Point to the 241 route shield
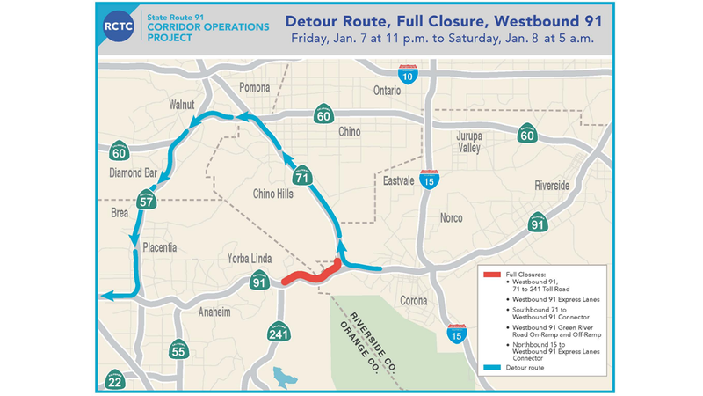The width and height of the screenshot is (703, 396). (279, 334)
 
